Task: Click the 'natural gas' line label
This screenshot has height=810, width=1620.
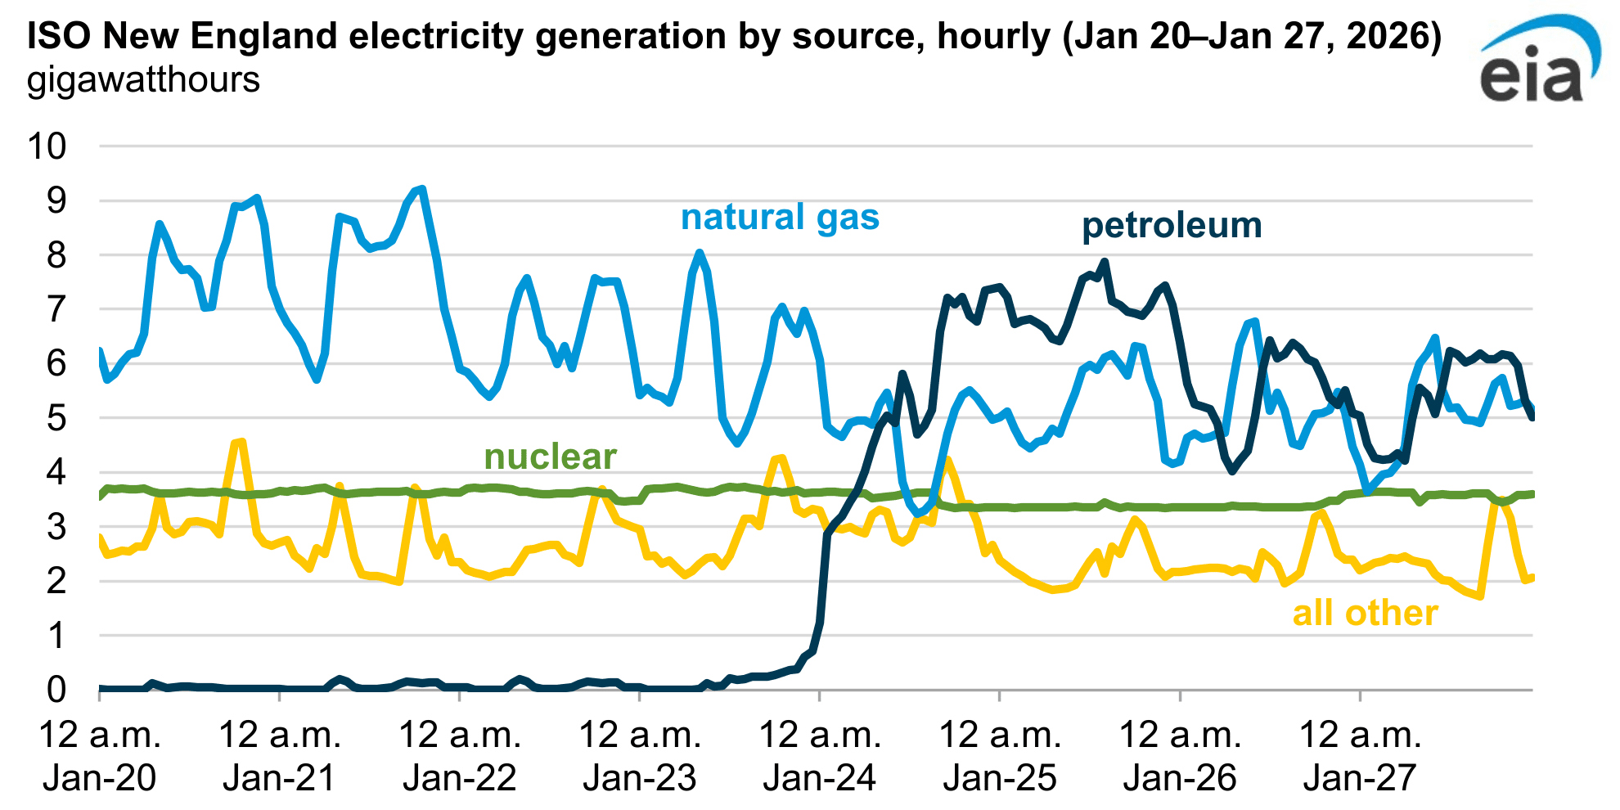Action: (x=780, y=218)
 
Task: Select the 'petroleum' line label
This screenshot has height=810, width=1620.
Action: (x=1172, y=226)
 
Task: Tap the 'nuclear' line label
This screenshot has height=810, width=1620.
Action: (x=550, y=457)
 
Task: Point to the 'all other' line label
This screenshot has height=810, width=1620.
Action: (x=1365, y=613)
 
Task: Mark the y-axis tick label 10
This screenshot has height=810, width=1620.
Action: (x=47, y=146)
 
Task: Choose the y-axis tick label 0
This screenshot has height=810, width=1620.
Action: (x=56, y=690)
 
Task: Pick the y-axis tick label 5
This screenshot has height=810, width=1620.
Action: (x=56, y=418)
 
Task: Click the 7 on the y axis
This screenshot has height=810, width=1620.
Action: (x=56, y=309)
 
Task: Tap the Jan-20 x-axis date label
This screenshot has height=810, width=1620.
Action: (x=100, y=777)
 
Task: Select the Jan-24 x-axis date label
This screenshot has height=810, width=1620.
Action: (x=820, y=777)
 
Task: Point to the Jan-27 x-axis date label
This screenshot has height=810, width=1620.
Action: (x=1360, y=777)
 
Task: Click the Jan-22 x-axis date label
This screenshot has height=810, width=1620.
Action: (x=460, y=777)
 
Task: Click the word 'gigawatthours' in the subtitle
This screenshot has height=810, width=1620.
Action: (x=144, y=80)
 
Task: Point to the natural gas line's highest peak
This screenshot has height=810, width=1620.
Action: (x=421, y=189)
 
